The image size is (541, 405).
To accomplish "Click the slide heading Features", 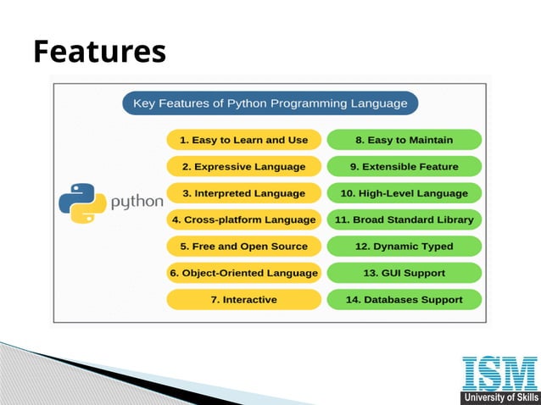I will pyautogui.click(x=99, y=52).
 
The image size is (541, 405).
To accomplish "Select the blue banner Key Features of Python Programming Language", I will pyautogui.click(x=270, y=104).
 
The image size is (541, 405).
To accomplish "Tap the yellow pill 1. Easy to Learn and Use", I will pyautogui.click(x=243, y=140).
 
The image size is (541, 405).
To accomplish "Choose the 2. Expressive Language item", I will pyautogui.click(x=243, y=166).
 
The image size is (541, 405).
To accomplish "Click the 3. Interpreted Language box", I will pyautogui.click(x=243, y=192).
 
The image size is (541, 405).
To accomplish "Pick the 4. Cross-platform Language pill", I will pyautogui.click(x=243, y=219).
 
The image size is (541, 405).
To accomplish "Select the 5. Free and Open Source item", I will pyautogui.click(x=243, y=246).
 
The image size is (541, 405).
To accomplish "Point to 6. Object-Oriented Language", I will pyautogui.click(x=243, y=273).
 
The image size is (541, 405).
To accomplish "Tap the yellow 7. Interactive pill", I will pyautogui.click(x=243, y=299).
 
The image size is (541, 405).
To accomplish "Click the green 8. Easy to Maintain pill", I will pyautogui.click(x=404, y=140).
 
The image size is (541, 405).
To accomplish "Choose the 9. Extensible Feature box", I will pyautogui.click(x=404, y=166).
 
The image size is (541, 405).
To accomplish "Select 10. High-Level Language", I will pyautogui.click(x=404, y=192).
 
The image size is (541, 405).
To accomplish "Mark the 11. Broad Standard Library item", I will pyautogui.click(x=404, y=219).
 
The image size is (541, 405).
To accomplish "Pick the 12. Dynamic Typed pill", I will pyautogui.click(x=404, y=246).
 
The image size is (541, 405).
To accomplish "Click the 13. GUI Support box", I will pyautogui.click(x=404, y=273).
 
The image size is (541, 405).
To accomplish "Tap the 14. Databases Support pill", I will pyautogui.click(x=404, y=299).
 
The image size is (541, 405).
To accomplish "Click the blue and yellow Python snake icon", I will pyautogui.click(x=82, y=202).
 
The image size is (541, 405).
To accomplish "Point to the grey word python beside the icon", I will pyautogui.click(x=137, y=202).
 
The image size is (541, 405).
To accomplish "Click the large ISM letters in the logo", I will pyautogui.click(x=499, y=374).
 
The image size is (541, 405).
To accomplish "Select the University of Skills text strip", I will pyautogui.click(x=499, y=397).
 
